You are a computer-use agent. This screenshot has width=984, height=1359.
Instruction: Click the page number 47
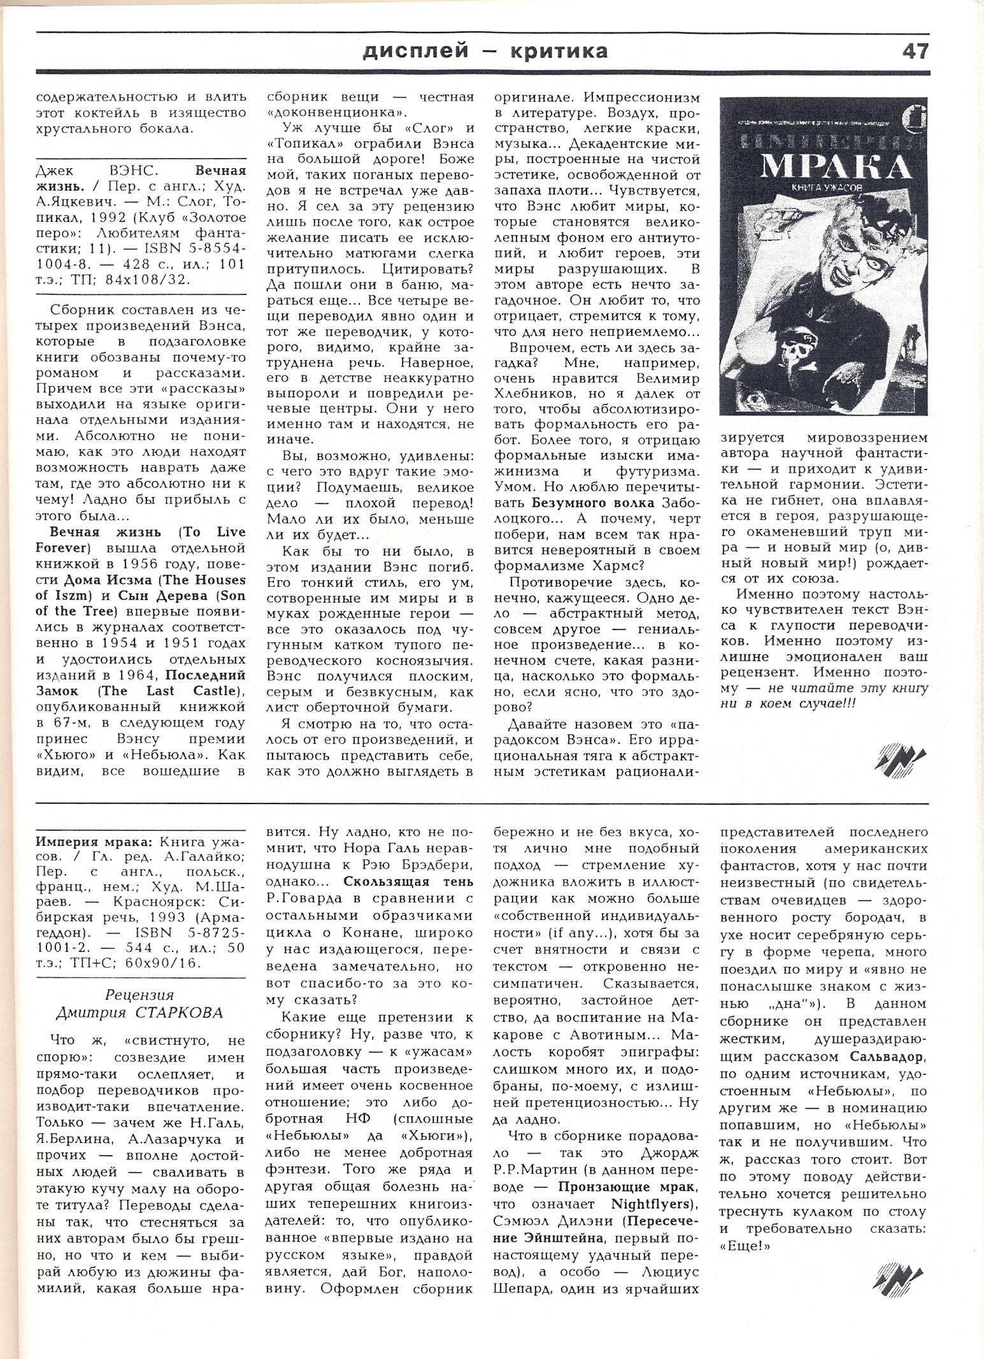click(x=915, y=51)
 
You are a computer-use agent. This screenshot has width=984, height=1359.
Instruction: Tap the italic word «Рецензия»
click(x=139, y=995)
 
